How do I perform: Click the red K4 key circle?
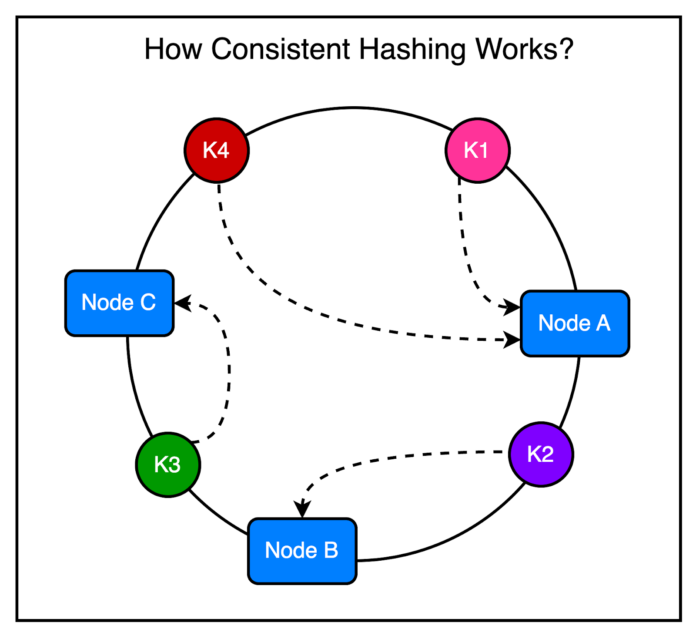(x=217, y=150)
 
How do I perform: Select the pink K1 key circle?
(x=478, y=150)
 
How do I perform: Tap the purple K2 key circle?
(x=541, y=454)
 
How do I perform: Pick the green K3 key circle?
(x=168, y=464)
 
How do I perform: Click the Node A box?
(x=575, y=323)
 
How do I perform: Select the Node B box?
(x=302, y=551)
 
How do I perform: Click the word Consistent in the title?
(x=281, y=49)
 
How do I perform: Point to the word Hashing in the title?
(x=412, y=49)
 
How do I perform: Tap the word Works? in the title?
(x=524, y=49)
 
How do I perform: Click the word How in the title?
(x=173, y=49)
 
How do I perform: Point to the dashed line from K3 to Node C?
(x=229, y=370)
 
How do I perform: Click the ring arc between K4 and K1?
(x=353, y=108)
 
